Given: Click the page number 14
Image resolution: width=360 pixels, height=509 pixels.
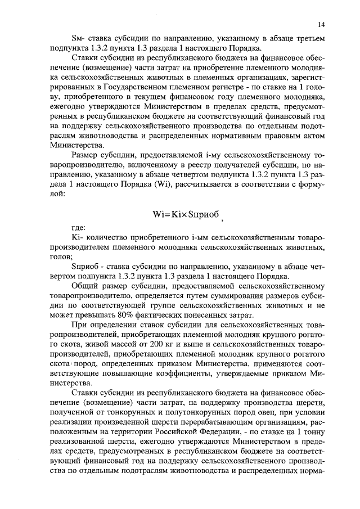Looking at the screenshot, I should click(x=321, y=24).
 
